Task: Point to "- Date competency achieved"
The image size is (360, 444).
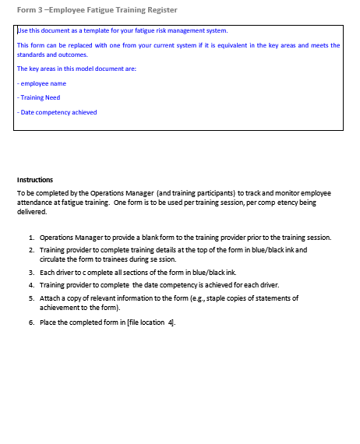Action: [57, 112]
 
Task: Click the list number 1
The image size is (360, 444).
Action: [30, 237]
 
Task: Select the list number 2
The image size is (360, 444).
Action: [30, 249]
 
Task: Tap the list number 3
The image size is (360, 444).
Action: [30, 273]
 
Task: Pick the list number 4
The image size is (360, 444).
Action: [30, 285]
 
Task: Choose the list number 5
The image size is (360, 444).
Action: [30, 298]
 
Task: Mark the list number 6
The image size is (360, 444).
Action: [30, 322]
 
